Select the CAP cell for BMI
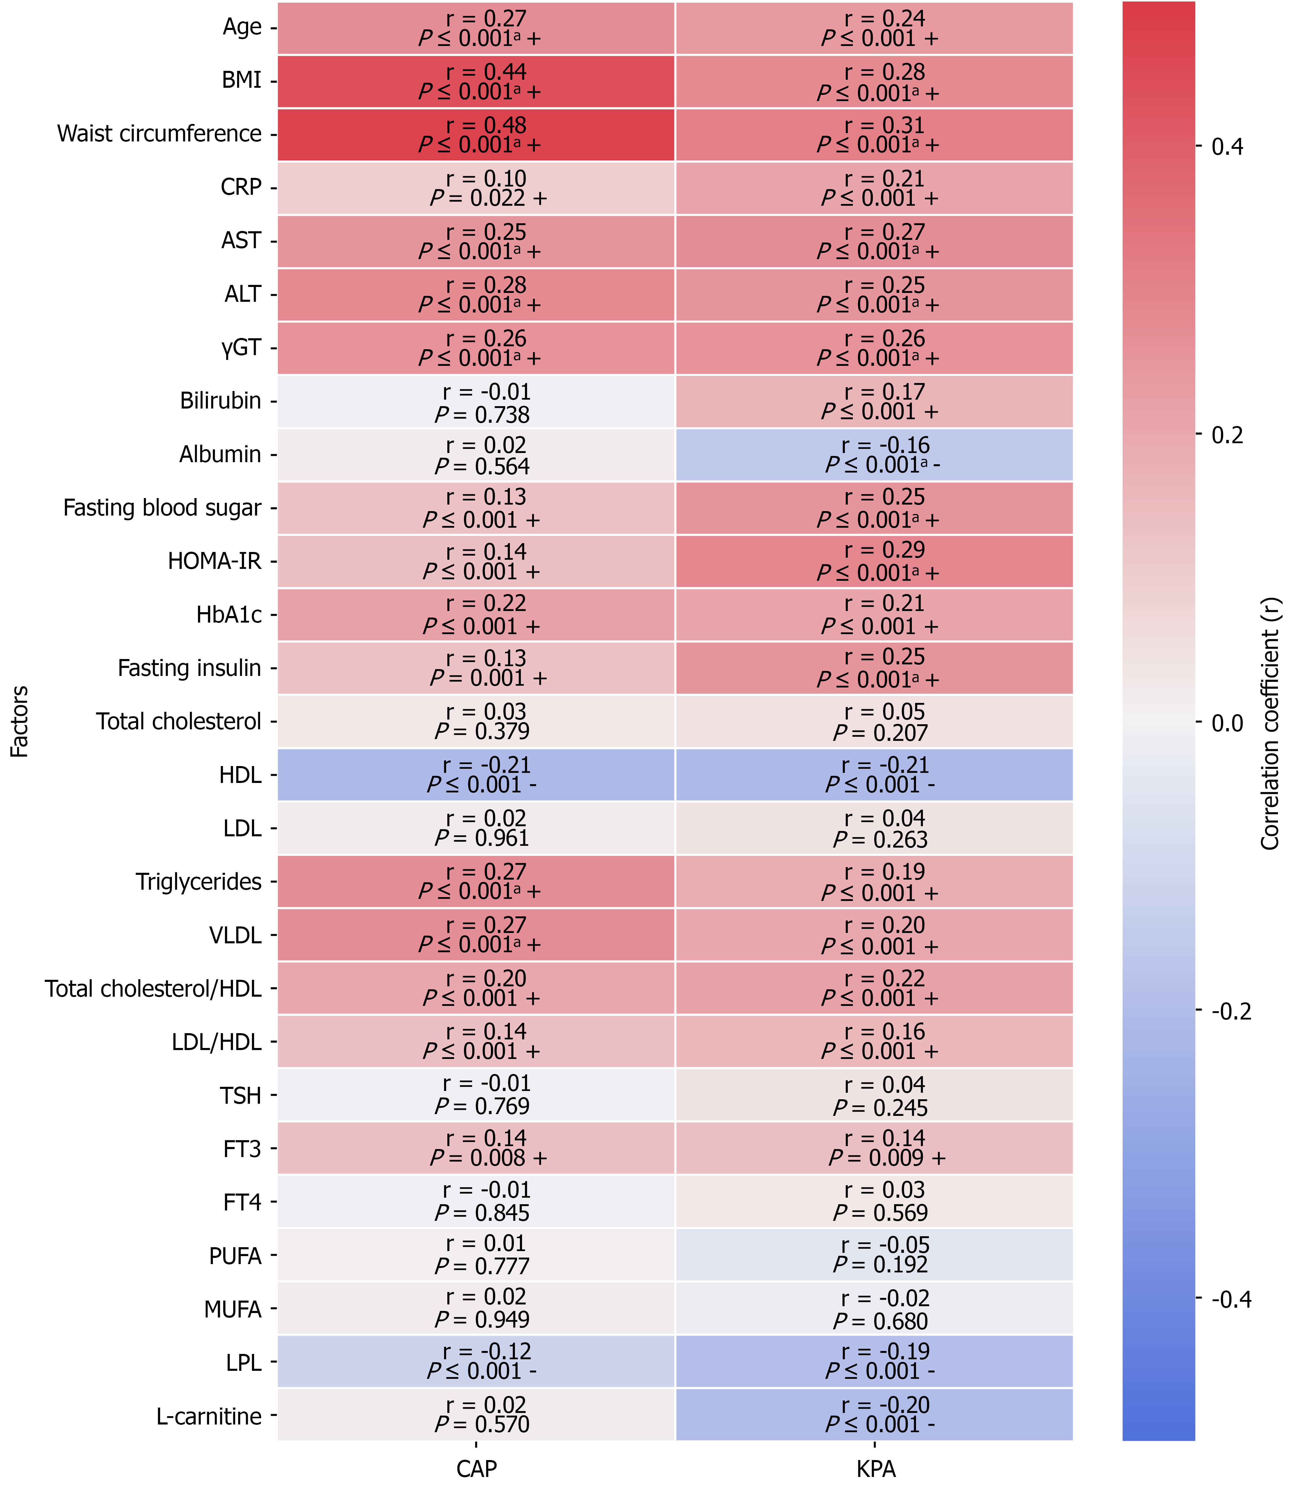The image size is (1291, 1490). click(x=476, y=82)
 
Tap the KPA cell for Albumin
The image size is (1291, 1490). click(x=874, y=455)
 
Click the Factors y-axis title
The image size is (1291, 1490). click(x=20, y=721)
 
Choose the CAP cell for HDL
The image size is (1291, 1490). click(x=476, y=775)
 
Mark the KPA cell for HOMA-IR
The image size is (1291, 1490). click(x=874, y=561)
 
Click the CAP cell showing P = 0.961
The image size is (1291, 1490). click(x=476, y=828)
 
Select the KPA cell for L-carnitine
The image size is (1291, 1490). click(x=874, y=1414)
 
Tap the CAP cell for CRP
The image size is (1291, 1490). click(x=476, y=188)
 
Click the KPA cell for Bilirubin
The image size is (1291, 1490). click(x=874, y=401)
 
